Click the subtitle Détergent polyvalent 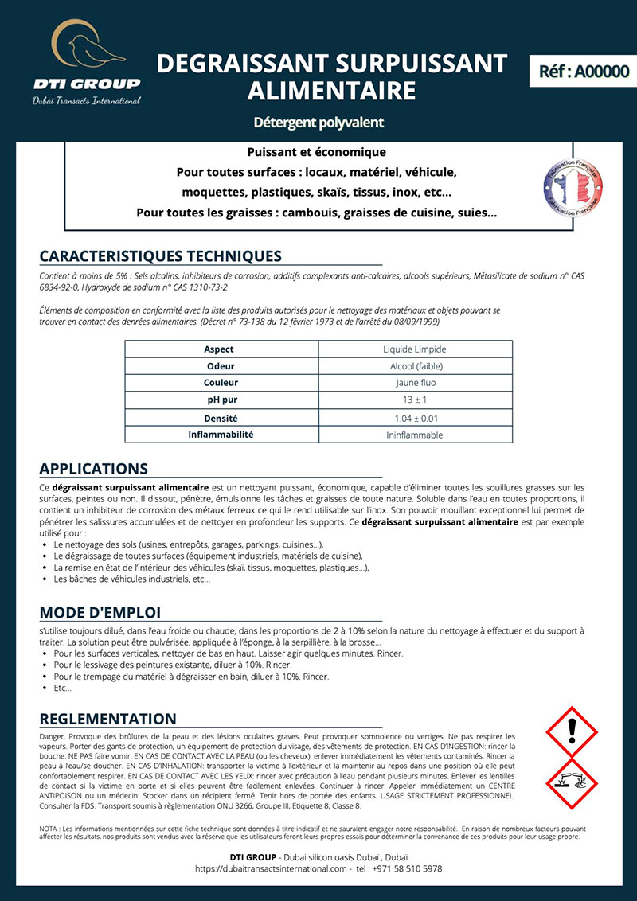pos(318,123)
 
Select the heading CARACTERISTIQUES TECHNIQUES pos(160,256)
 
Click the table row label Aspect pos(219,349)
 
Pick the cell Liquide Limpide pos(414,349)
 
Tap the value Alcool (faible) pos(414,366)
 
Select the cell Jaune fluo pos(414,383)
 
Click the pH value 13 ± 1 pos(414,400)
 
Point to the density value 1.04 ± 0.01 pos(416,418)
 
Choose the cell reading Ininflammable pos(414,435)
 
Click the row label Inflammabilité pos(221,435)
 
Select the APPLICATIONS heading pos(93,469)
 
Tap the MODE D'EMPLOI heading pos(100,612)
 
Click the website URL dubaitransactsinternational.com pos(273,869)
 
